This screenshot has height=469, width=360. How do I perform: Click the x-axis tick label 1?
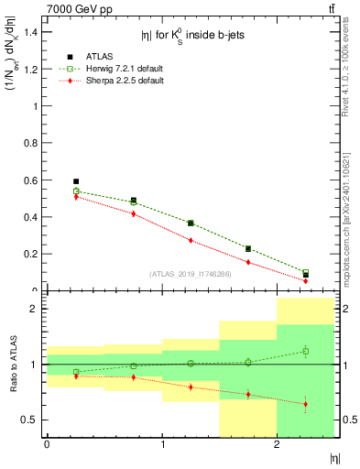click(162, 445)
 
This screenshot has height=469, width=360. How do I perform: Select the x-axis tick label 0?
click(47, 445)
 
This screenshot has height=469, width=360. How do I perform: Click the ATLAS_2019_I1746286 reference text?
click(191, 273)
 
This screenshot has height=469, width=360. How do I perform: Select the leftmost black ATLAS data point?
click(76, 181)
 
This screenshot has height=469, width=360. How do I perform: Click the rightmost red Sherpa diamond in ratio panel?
click(306, 404)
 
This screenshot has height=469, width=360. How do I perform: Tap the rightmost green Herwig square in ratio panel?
click(306, 351)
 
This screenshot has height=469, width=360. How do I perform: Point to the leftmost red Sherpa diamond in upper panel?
click(76, 197)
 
